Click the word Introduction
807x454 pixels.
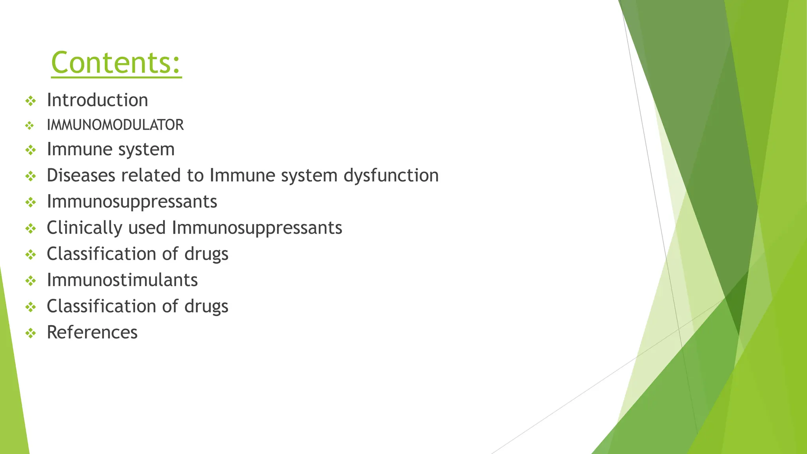(x=97, y=100)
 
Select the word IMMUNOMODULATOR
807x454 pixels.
(x=115, y=125)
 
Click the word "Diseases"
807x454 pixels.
(x=81, y=175)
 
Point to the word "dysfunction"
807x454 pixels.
(x=391, y=175)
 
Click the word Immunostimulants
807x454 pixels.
(x=122, y=280)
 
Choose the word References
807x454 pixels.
(x=92, y=332)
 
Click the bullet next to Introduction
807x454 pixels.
(x=30, y=101)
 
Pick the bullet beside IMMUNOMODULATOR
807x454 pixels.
(x=30, y=126)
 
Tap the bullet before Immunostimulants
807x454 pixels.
(x=30, y=281)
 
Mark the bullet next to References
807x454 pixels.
(x=30, y=333)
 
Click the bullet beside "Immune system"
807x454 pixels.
(x=30, y=150)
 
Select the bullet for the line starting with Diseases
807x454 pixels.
(x=30, y=176)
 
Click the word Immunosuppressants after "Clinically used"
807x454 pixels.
(x=257, y=228)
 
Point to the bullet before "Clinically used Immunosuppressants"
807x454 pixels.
(x=30, y=229)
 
